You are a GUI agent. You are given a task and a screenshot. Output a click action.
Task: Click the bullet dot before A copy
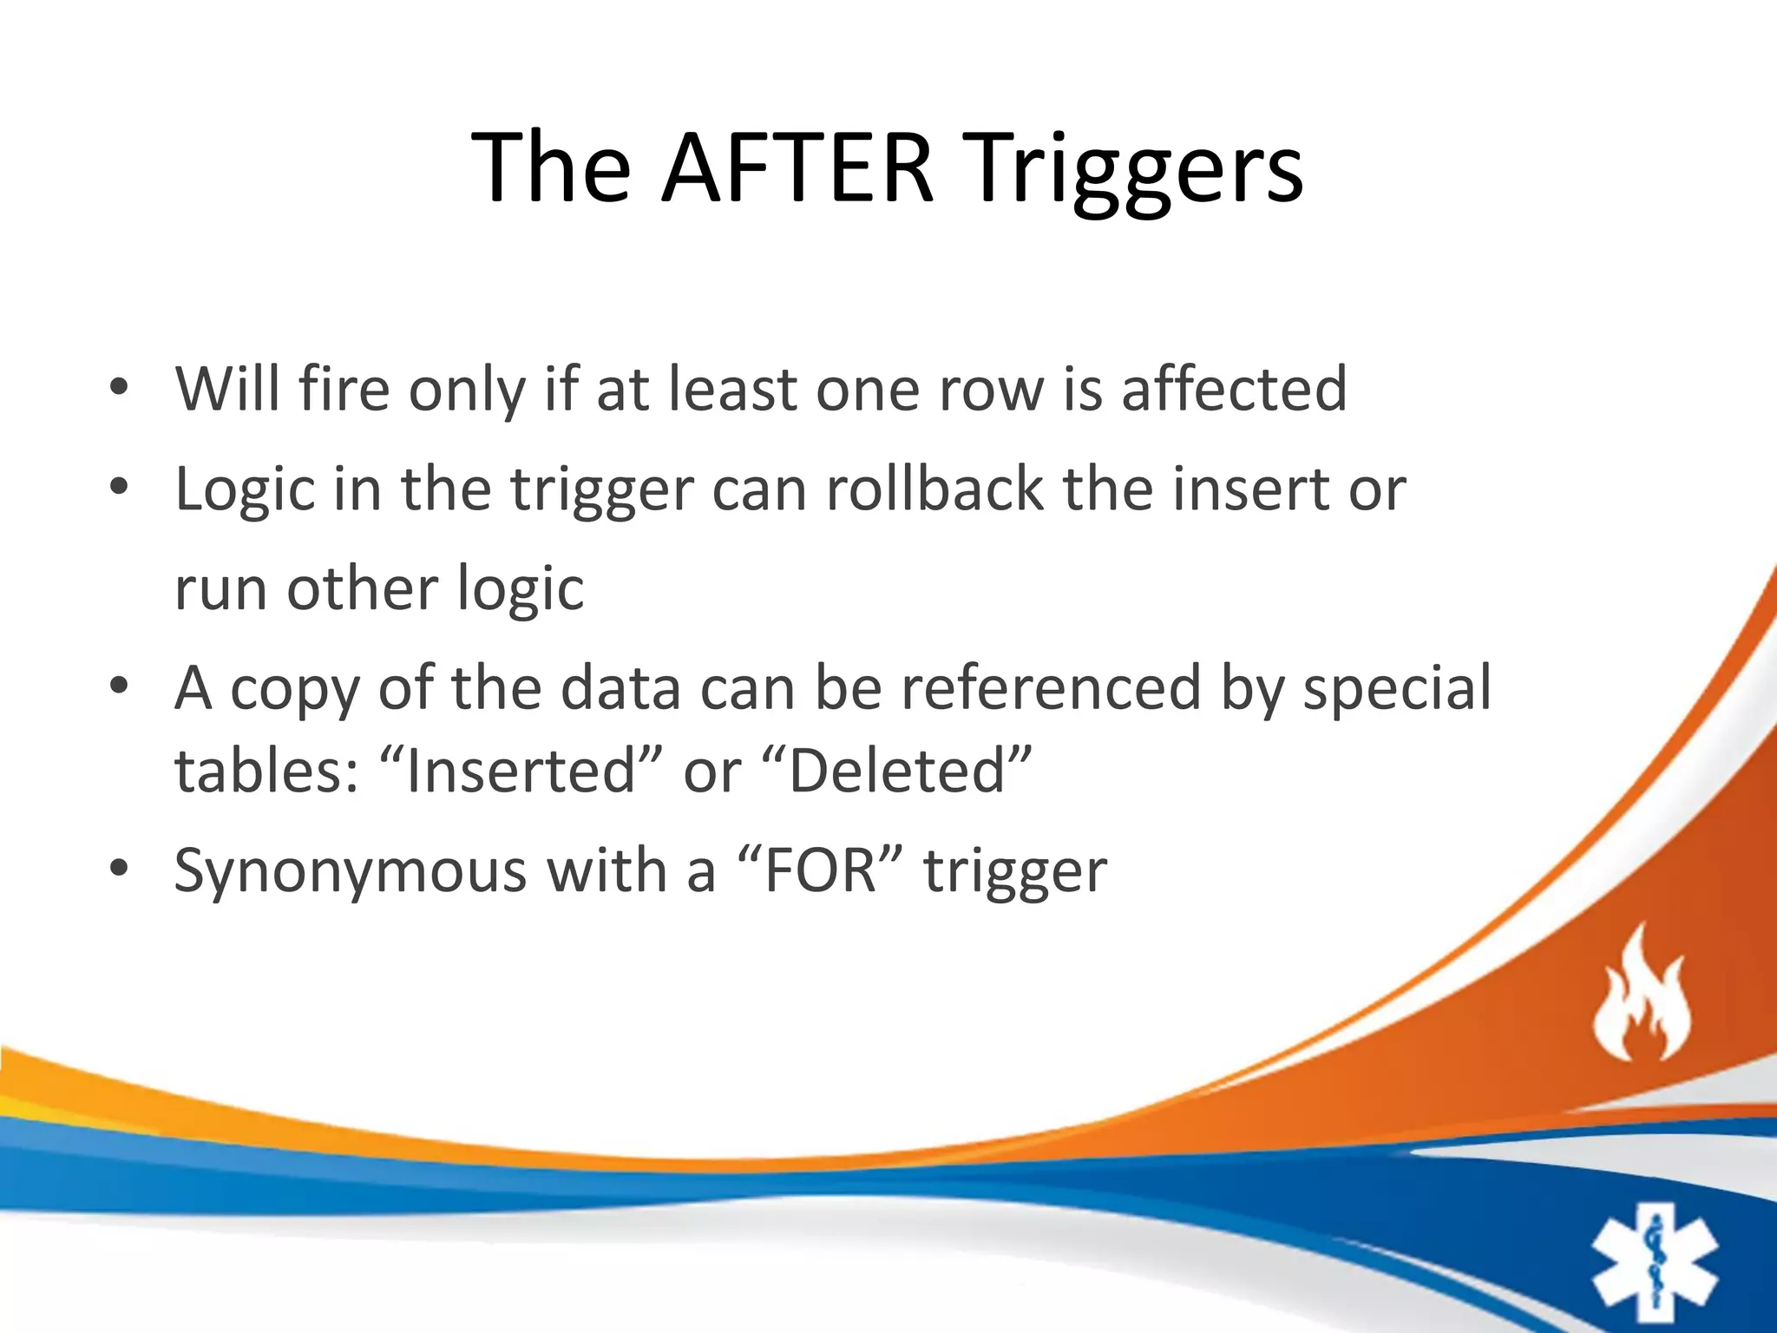pyautogui.click(x=119, y=686)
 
